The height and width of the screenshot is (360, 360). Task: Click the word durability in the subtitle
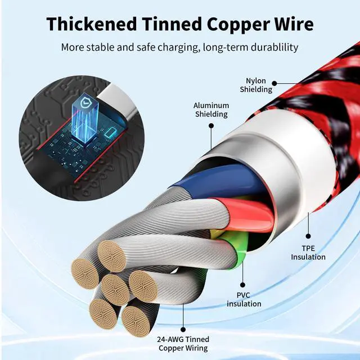tap(269, 47)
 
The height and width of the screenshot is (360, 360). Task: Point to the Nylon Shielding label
tap(256, 85)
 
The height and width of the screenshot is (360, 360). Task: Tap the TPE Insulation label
tap(308, 253)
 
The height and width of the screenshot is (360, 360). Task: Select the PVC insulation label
tap(244, 299)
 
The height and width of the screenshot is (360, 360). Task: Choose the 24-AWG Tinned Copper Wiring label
tap(183, 344)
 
